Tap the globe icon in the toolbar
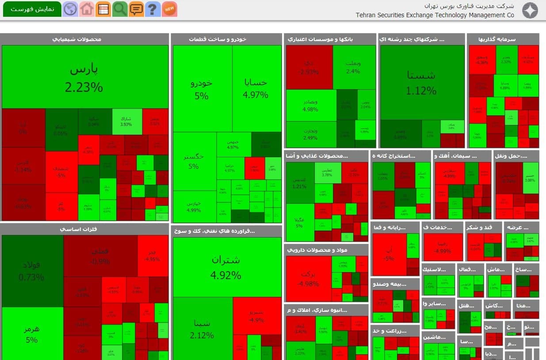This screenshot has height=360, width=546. point(70,9)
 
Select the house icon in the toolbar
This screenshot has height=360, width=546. point(87,9)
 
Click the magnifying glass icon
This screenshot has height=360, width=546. point(119,9)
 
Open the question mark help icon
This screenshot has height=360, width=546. point(153,9)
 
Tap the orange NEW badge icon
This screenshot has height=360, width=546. point(169,9)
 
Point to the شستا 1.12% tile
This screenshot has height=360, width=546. point(422,82)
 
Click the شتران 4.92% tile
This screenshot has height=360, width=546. point(226,267)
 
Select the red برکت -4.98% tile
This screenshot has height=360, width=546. point(308,278)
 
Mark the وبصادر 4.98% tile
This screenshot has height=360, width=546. point(311,105)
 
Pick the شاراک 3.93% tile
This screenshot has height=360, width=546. point(126,121)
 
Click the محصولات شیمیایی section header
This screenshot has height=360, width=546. point(84,39)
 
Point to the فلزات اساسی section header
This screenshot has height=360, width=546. point(84,229)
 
